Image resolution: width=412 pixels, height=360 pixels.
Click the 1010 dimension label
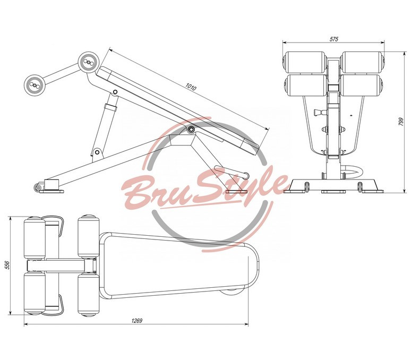pyautogui.click(x=191, y=87)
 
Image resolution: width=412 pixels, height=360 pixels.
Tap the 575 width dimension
pyautogui.click(x=334, y=39)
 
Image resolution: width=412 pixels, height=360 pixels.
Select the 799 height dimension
pyautogui.click(x=401, y=122)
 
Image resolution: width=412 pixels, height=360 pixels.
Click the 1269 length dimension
pyautogui.click(x=136, y=321)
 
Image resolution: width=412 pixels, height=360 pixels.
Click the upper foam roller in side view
pyautogui.click(x=88, y=62)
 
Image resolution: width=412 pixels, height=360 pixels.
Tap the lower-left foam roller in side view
pyautogui.click(x=34, y=84)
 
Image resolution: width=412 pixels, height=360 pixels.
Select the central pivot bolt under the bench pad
pyautogui.click(x=191, y=128)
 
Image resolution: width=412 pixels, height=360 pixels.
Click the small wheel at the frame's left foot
pyautogui.click(x=38, y=187)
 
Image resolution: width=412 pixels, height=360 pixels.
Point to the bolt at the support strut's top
pyautogui.click(x=115, y=92)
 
